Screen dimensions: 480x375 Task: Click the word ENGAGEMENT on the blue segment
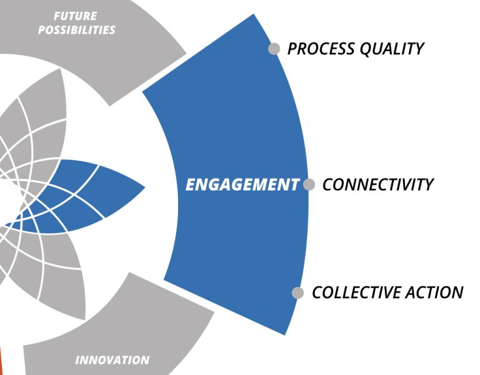point(242,185)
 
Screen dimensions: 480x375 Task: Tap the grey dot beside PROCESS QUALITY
point(274,49)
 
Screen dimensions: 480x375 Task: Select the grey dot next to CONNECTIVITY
point(309,185)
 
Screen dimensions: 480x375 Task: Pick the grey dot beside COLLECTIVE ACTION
point(297,292)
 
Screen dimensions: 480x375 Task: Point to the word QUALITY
point(392,49)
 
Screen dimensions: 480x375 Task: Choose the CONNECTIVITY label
point(378,185)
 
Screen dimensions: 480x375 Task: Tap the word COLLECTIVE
point(356,292)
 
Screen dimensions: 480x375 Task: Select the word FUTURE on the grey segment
point(76,16)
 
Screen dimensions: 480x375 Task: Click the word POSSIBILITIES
point(76,30)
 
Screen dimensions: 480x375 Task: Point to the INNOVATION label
point(112,360)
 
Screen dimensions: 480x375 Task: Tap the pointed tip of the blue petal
point(144,187)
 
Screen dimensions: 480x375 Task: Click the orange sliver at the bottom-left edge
point(1,362)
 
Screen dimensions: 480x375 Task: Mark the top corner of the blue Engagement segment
point(254,14)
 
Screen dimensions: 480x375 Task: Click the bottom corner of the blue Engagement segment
point(285,335)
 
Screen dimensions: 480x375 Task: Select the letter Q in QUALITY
point(365,49)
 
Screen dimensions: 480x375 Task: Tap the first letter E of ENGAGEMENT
point(191,185)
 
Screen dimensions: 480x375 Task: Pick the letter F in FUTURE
point(57,16)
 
